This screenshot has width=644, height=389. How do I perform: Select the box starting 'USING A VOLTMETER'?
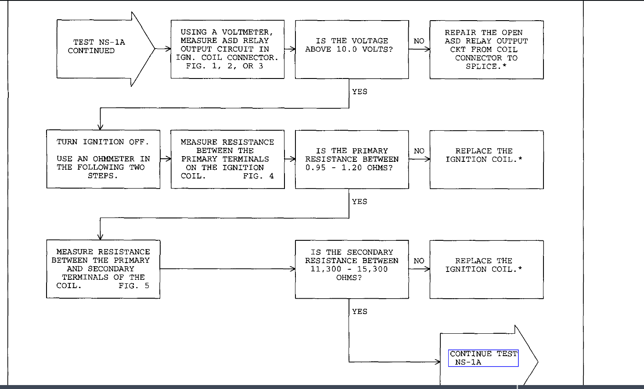[227, 49]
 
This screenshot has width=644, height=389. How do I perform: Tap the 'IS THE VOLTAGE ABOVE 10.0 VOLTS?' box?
[352, 49]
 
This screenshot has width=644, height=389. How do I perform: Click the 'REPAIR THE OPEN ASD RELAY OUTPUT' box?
[486, 50]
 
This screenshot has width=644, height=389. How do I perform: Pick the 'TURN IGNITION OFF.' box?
[103, 159]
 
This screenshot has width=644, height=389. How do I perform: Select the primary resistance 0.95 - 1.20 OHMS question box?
[352, 159]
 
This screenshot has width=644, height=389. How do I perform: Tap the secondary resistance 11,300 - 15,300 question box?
[352, 269]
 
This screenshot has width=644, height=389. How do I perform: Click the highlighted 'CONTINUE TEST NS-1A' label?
[483, 358]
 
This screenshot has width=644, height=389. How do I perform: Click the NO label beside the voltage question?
[419, 41]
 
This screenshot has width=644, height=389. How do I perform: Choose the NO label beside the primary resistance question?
[419, 151]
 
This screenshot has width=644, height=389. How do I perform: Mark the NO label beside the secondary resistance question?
[419, 261]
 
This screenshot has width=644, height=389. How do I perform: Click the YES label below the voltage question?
[360, 92]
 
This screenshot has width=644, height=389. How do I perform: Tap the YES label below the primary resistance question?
[360, 202]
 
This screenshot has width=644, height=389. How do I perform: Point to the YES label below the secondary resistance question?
[360, 311]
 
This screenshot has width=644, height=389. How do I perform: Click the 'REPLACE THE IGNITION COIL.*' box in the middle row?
[486, 159]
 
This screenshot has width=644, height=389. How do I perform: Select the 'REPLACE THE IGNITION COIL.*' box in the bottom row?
[486, 269]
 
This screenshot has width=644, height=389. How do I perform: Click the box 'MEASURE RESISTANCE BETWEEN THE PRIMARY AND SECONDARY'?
[103, 269]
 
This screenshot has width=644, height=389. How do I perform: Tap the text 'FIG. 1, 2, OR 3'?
[224, 66]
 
